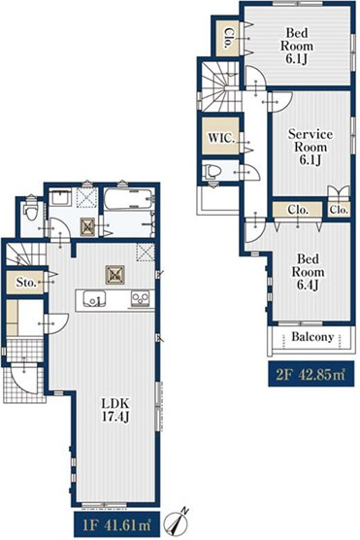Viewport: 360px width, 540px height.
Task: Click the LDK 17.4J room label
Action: [115, 410]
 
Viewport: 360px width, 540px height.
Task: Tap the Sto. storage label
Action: [26, 283]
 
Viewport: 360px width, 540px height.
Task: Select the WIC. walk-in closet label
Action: [221, 138]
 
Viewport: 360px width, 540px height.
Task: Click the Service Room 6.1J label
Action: [311, 147]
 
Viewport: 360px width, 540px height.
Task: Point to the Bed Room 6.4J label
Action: [308, 272]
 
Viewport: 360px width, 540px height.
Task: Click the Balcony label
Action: [312, 336]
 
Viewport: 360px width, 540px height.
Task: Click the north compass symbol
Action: [178, 522]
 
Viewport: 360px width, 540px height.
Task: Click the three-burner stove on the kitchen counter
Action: [140, 298]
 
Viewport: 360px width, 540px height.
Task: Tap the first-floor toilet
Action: [30, 212]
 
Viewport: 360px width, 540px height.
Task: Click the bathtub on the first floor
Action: [127, 199]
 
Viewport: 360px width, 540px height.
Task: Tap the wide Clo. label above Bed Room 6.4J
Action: [298, 210]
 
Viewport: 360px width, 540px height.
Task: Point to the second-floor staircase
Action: [219, 86]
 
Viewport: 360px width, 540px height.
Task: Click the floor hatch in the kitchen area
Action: [115, 275]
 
